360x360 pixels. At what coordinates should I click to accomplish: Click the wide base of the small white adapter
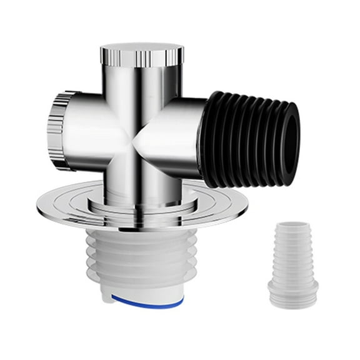point(292,291)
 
